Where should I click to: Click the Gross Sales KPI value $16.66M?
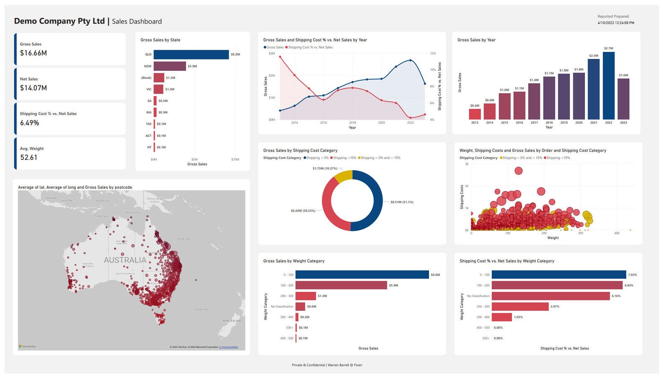[33, 53]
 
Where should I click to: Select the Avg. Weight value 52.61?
[29, 158]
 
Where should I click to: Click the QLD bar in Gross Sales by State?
[191, 54]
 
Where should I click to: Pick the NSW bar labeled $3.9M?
[169, 66]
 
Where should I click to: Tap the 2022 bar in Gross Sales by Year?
[608, 86]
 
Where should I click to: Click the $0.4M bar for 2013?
[475, 114]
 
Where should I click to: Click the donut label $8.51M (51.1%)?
[401, 202]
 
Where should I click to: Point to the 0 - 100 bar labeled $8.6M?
[362, 275]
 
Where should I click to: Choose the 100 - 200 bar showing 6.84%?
[557, 285]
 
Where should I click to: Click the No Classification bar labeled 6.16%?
[550, 296]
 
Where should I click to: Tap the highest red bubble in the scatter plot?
[518, 171]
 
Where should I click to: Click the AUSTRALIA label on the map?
[125, 260]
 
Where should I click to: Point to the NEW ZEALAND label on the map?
[232, 321]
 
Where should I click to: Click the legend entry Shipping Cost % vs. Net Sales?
[310, 47]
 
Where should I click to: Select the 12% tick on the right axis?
[433, 54]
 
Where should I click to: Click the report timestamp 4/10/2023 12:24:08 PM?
[615, 23]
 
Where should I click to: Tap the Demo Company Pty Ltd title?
[59, 21]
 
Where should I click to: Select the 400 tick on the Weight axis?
[617, 233]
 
